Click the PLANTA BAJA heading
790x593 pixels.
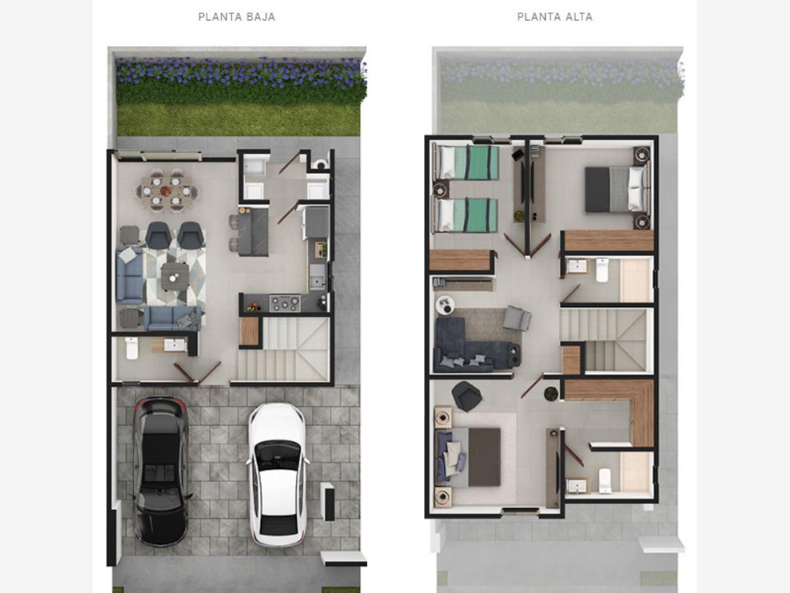pos(237,17)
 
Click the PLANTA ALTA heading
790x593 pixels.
pos(554,17)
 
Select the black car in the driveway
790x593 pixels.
pos(160,471)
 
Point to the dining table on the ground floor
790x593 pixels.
pos(166,191)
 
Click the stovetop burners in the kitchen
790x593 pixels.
pos(285,303)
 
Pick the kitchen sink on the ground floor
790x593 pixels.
pos(317,277)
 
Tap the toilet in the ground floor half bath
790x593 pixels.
pos(132,348)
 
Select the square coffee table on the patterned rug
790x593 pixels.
pos(175,277)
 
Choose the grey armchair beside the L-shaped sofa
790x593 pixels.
pos(517,318)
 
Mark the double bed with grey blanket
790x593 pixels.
pos(618,188)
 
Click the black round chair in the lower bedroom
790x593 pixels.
pos(467,397)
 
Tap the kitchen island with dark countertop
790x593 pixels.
pos(253,232)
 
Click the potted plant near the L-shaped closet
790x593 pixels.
pos(551,393)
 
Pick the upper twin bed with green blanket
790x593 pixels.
pos(467,163)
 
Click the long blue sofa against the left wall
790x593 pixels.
pos(130,275)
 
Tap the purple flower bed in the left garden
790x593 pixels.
pos(240,74)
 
